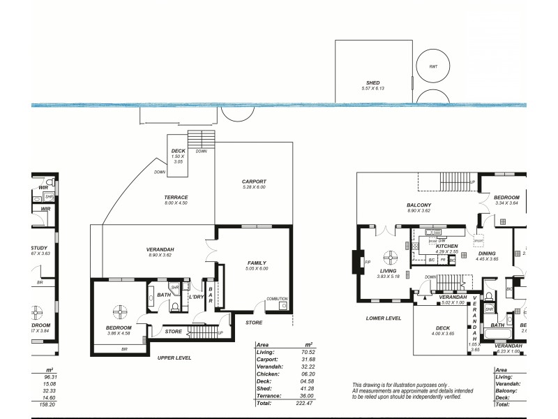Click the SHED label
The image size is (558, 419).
[373, 83]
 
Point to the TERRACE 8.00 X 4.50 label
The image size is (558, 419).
[176, 198]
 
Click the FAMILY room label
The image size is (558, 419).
[257, 263]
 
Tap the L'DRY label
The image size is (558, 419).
[196, 297]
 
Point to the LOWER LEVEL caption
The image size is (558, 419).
[383, 318]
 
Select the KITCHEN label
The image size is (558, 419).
[446, 247]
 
